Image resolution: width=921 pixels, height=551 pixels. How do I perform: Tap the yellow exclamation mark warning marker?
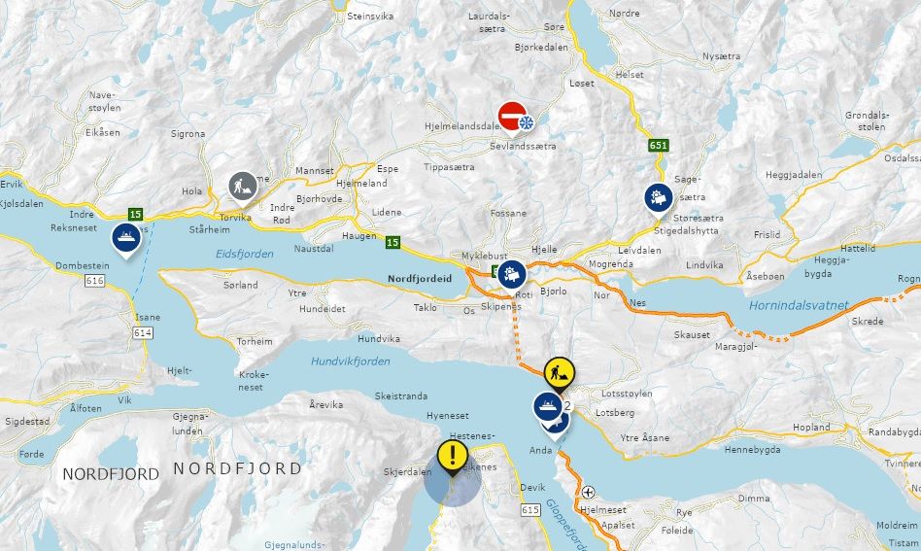pos(452,456)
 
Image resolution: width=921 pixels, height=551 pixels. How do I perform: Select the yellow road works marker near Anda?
pos(558,370)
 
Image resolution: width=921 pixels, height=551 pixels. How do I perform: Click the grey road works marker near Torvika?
pos(242,184)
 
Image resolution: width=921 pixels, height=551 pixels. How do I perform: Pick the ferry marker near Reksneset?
pos(126,236)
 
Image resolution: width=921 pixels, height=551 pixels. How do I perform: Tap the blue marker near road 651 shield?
pos(659,197)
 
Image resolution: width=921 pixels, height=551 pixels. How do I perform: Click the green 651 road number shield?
pos(659,146)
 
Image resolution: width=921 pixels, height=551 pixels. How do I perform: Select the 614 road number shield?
pos(143,332)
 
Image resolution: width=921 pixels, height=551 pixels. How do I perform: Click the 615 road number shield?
pos(529,510)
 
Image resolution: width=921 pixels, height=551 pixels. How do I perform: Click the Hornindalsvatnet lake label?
pos(799,306)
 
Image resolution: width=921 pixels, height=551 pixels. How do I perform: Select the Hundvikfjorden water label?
pos(351,362)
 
